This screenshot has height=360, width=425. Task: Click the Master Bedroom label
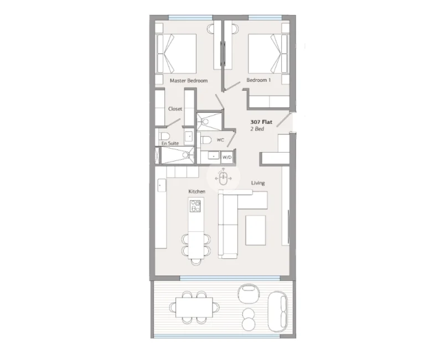point(189,80)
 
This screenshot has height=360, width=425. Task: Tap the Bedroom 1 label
point(258,80)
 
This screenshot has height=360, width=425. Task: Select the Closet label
point(175,108)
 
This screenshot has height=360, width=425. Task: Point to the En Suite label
point(170,143)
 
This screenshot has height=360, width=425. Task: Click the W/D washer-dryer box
point(227,157)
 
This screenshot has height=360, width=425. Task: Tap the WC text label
point(220,140)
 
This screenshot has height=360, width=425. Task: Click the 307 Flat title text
point(261,122)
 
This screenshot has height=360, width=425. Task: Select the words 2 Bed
point(257,129)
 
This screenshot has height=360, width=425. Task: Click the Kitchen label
point(197,191)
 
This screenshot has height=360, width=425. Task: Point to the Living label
point(258,183)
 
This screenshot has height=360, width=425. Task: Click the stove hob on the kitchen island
point(195,206)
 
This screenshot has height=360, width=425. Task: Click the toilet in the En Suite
point(164,136)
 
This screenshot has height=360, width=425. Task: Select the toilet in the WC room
point(206,140)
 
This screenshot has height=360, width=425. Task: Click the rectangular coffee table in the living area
point(255,230)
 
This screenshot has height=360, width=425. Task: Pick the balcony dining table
point(194,307)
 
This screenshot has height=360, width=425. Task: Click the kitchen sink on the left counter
point(162,185)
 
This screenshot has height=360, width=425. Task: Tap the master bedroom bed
point(176,53)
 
